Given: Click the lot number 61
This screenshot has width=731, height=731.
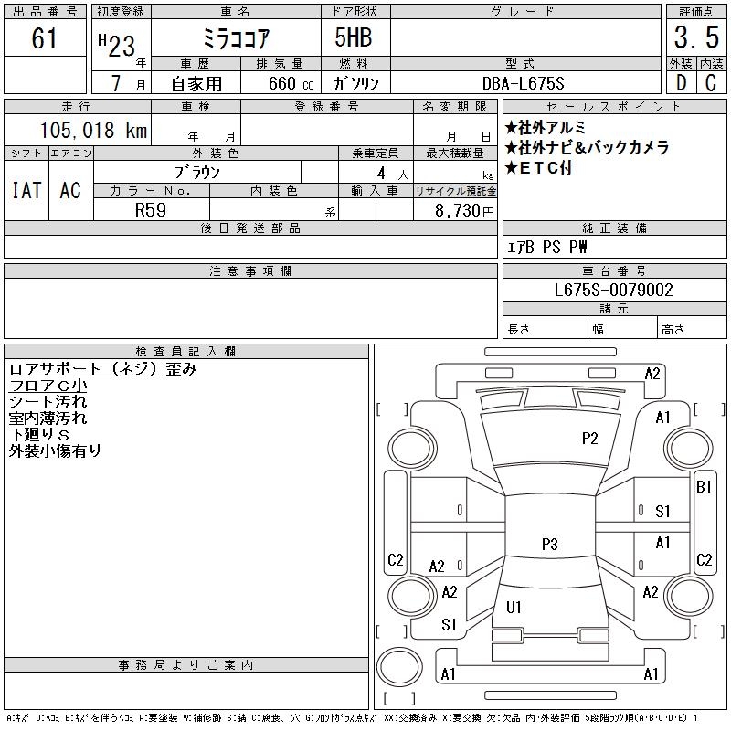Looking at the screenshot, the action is pyautogui.click(x=45, y=39).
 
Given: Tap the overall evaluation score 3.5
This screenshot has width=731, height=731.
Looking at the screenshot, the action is pyautogui.click(x=695, y=39).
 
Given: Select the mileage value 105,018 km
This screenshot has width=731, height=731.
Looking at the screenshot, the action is pyautogui.click(x=93, y=131).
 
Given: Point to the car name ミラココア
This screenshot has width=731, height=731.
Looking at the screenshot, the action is pyautogui.click(x=235, y=39).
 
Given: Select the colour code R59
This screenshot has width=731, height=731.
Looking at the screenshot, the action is pyautogui.click(x=151, y=208).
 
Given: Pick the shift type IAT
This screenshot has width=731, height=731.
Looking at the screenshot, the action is pyautogui.click(x=26, y=190).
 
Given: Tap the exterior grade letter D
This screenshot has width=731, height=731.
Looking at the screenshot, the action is pyautogui.click(x=681, y=83).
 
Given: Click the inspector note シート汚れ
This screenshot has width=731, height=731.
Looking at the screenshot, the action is pyautogui.click(x=48, y=401).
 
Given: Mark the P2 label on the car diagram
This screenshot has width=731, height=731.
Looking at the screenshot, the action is pyautogui.click(x=590, y=439).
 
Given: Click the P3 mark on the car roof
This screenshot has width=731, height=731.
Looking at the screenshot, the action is pyautogui.click(x=549, y=545).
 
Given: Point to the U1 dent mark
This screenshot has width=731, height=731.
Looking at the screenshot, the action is pyautogui.click(x=514, y=607).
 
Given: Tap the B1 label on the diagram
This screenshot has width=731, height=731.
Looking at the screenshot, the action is pyautogui.click(x=704, y=487).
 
